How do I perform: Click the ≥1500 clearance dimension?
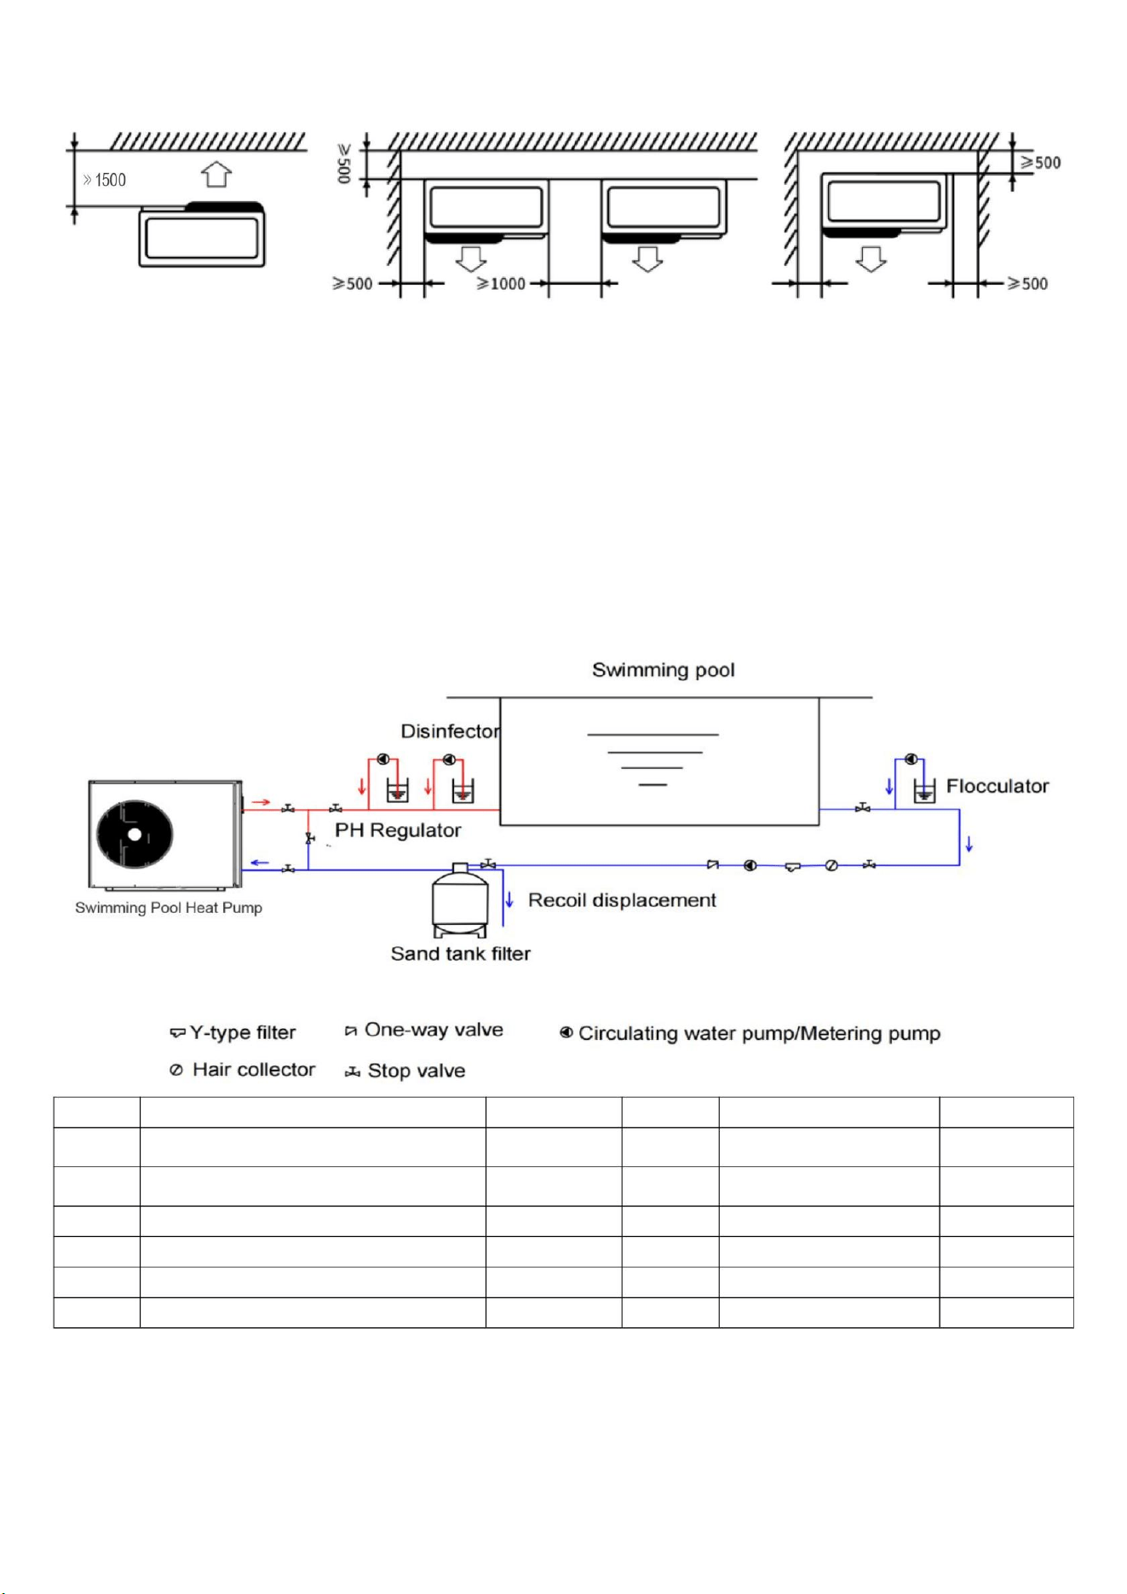(104, 180)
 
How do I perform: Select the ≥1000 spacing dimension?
(501, 284)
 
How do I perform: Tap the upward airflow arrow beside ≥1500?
(216, 175)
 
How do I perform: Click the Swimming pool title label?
(664, 670)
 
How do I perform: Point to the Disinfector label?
(451, 731)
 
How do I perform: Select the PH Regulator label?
(398, 830)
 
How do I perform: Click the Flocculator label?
(998, 786)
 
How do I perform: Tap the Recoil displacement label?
(622, 900)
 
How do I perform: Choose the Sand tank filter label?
(461, 954)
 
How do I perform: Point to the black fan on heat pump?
(135, 834)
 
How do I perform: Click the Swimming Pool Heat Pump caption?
(169, 908)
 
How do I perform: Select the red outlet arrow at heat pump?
(262, 802)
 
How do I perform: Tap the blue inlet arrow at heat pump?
(259, 863)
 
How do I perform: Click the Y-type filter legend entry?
(233, 1033)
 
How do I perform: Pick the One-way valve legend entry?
(423, 1030)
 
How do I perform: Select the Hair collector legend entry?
(242, 1070)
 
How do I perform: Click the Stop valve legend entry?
(405, 1071)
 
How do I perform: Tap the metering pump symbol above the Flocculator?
(911, 759)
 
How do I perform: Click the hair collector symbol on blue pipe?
(831, 865)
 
